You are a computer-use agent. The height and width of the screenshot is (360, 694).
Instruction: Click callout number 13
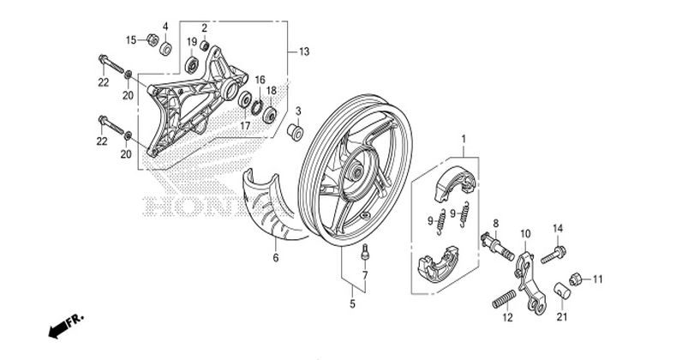(304, 52)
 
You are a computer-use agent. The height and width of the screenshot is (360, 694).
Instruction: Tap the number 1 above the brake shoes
(464, 139)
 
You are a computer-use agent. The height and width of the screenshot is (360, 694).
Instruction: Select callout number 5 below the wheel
(352, 303)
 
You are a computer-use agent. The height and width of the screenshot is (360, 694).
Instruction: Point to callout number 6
(276, 257)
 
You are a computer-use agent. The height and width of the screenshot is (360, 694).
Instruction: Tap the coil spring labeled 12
(505, 303)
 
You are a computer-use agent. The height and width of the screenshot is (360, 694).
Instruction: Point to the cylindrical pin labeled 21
(562, 288)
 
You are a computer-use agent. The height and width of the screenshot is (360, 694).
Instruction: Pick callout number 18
(271, 91)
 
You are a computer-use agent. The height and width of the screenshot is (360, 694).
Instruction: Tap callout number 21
(562, 317)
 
